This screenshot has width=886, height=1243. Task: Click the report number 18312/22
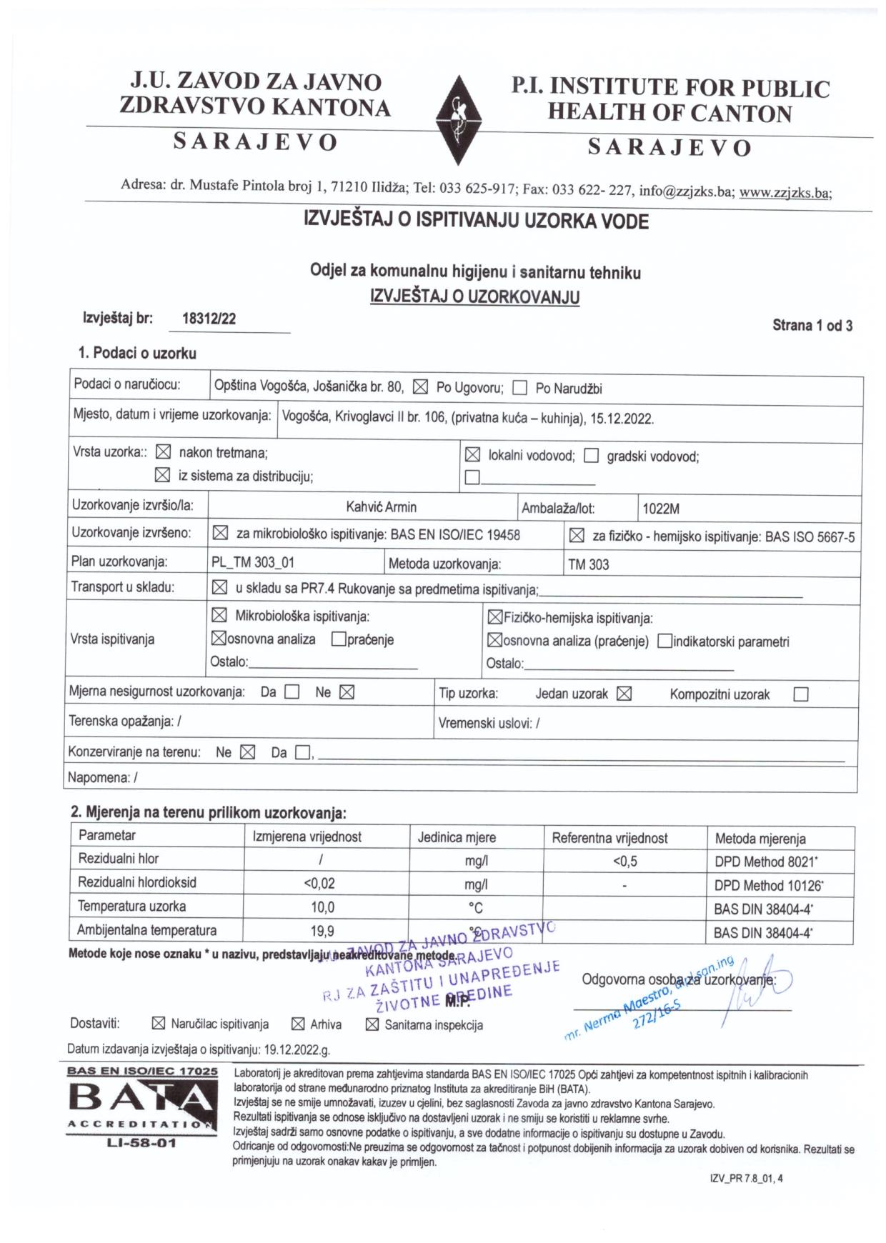(209, 319)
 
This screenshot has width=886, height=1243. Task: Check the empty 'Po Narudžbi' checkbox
(520, 388)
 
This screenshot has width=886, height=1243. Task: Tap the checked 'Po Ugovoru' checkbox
(421, 387)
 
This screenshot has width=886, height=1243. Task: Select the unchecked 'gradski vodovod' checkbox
(591, 456)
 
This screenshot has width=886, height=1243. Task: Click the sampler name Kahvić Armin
(381, 508)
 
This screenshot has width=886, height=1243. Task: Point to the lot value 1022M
(661, 509)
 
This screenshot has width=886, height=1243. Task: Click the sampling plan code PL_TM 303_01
(253, 563)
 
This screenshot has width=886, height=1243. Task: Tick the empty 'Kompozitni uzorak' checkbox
(801, 694)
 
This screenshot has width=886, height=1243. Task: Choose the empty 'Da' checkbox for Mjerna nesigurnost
(292, 692)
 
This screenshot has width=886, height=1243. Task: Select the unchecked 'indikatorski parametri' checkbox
(664, 642)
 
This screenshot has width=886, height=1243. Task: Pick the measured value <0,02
(319, 884)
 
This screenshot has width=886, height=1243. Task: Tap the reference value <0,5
(624, 862)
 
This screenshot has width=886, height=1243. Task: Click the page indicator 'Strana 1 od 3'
(812, 326)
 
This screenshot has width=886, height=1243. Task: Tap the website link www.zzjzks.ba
(785, 192)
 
